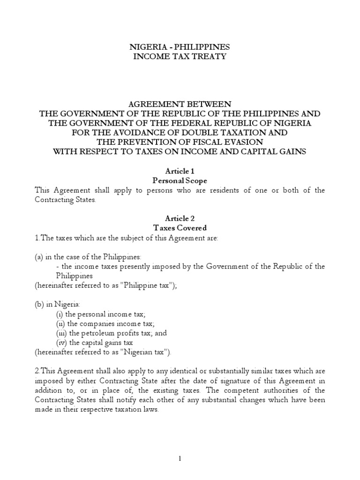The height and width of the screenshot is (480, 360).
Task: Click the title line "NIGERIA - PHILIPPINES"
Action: (180, 47)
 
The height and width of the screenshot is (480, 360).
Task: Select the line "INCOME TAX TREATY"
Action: (180, 57)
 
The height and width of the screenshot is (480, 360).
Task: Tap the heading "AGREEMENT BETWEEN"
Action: (180, 104)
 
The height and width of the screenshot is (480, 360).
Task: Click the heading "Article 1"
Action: (180, 171)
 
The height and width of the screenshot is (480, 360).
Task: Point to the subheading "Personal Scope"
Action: (180, 180)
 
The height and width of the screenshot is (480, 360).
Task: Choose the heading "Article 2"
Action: (180, 218)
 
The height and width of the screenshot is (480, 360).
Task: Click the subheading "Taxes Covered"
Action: (180, 228)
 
